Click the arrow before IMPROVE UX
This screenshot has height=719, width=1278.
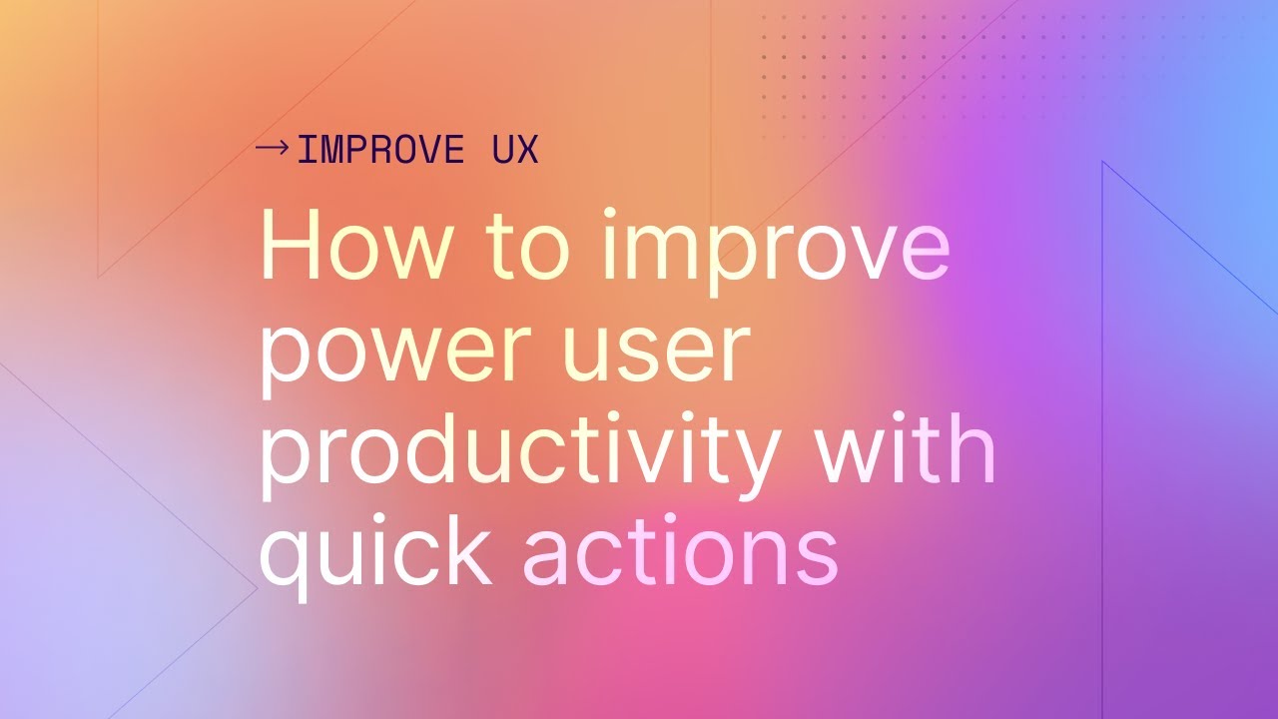pos(272,149)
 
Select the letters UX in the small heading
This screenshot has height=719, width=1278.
pos(515,151)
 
